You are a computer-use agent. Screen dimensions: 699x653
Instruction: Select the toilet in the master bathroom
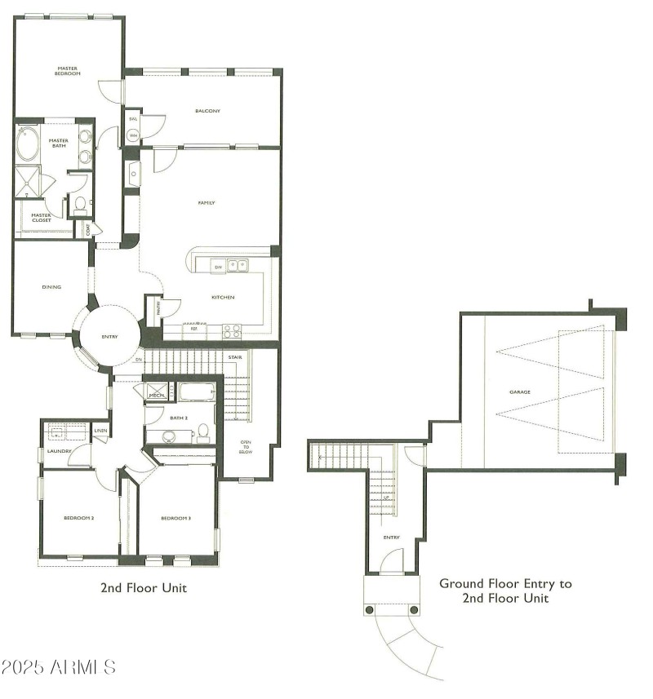coord(80,205)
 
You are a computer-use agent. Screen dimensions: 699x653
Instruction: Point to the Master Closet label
coord(41,219)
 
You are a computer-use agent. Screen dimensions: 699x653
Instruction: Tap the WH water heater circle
coord(132,135)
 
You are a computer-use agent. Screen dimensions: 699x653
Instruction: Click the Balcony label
coord(207,111)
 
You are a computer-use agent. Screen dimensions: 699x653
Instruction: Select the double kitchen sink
coord(238,265)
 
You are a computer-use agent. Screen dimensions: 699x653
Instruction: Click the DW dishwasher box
coord(218,268)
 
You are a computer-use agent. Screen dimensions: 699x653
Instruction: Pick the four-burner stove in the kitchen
coord(232,330)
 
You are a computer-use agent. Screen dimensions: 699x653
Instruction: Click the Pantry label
coord(156,308)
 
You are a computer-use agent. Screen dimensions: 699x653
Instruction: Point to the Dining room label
coord(52,287)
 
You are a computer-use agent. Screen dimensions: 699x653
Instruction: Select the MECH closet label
coord(157,395)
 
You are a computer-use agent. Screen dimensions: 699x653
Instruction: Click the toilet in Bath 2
coord(203,434)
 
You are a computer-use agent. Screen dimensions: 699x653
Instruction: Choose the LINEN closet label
coord(100,430)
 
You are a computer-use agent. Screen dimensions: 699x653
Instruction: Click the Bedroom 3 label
coord(175,519)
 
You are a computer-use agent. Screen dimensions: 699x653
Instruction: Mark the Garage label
coord(520,392)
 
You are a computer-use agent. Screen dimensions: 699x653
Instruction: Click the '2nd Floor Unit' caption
coord(144,587)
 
